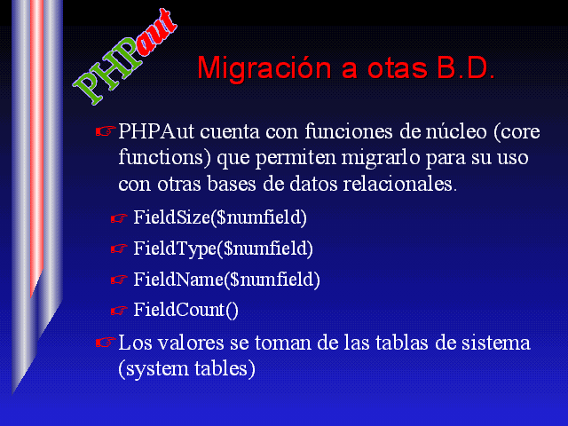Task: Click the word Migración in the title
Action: [264, 68]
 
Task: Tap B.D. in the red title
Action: [465, 67]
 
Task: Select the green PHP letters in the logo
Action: [106, 71]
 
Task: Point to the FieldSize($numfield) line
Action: [220, 217]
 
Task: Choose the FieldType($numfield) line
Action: [223, 248]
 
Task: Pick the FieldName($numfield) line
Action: [227, 280]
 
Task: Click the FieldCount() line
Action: [185, 310]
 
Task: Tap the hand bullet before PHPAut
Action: [106, 131]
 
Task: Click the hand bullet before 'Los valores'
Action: [106, 343]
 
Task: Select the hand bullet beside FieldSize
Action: [119, 218]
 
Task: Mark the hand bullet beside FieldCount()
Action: [119, 311]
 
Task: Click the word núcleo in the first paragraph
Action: [455, 131]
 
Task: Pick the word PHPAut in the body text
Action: [156, 131]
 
